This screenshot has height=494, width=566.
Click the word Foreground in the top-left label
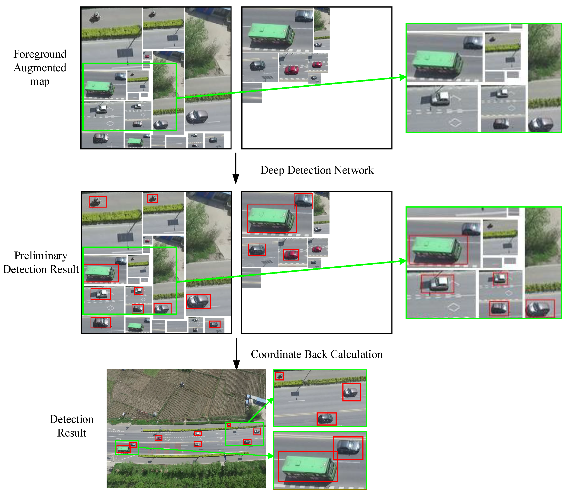[40, 54]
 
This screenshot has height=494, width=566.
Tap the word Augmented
[40, 68]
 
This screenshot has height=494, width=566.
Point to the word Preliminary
[41, 256]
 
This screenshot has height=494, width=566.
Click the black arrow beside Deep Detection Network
[236, 168]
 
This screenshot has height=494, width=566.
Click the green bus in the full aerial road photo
[123, 449]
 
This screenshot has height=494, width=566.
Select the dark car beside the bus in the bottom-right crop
[349, 447]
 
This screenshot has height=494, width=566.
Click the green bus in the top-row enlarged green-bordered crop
[436, 62]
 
